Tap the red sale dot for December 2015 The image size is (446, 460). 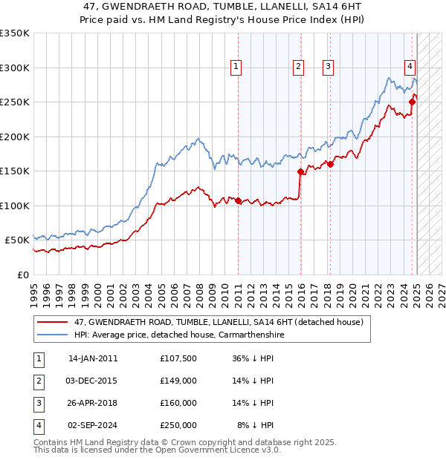coord(301,171)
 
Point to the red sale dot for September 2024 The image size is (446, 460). coord(413,102)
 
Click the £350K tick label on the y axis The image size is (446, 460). coord(16,33)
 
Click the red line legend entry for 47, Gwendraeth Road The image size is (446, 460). coord(219,323)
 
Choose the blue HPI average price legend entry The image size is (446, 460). coord(178,335)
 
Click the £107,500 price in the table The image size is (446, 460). coord(178,358)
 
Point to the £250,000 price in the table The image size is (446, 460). coord(178,425)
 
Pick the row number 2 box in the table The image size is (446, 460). coord(38,381)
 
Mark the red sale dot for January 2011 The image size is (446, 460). coord(238,200)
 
